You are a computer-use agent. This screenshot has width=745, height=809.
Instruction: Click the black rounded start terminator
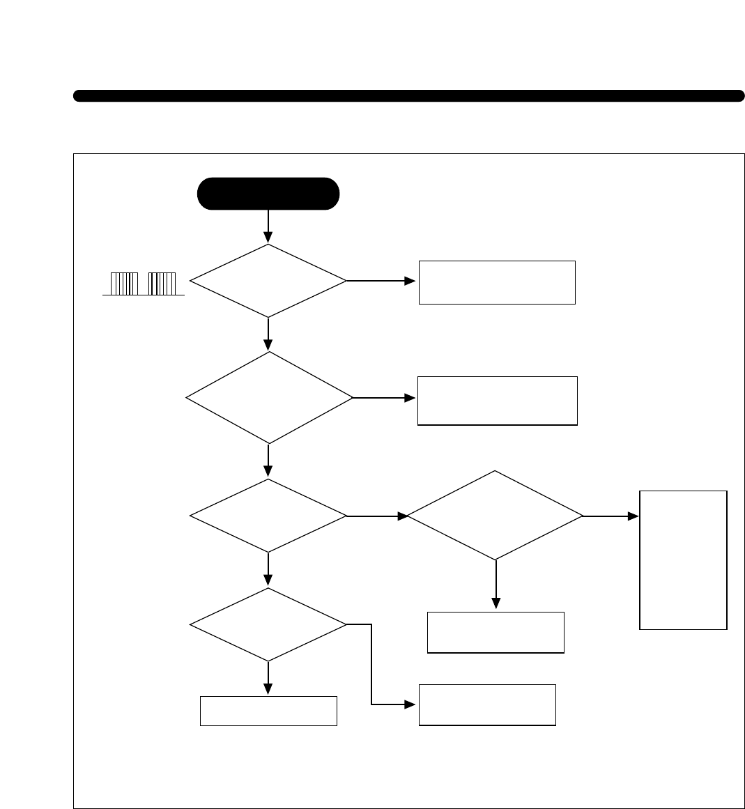[268, 194]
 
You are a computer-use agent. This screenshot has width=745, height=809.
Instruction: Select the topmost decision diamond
[268, 281]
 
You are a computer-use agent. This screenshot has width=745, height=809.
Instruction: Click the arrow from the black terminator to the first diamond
[268, 226]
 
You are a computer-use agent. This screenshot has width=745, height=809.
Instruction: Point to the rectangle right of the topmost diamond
[497, 282]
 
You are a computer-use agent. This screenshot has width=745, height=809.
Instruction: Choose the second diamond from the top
[269, 397]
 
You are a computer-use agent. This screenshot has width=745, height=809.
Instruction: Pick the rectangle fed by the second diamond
[497, 400]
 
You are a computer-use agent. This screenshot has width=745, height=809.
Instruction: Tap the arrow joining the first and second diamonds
[268, 334]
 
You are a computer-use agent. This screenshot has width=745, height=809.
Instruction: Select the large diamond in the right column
[495, 516]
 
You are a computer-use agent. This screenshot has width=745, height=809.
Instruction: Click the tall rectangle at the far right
[683, 560]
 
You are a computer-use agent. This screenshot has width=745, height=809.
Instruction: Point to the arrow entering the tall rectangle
[610, 516]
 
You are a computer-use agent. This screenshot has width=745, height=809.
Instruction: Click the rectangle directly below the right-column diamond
[496, 632]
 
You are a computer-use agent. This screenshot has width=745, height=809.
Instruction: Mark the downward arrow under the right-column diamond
[496, 584]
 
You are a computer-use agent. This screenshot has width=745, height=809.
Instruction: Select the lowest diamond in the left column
[268, 624]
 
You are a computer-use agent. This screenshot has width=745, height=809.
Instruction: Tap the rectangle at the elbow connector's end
[487, 704]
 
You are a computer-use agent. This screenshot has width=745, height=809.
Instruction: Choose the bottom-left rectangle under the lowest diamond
[268, 711]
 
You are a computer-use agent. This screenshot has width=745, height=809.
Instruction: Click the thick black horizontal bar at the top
[408, 96]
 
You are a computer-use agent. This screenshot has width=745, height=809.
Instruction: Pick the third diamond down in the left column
[268, 516]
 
